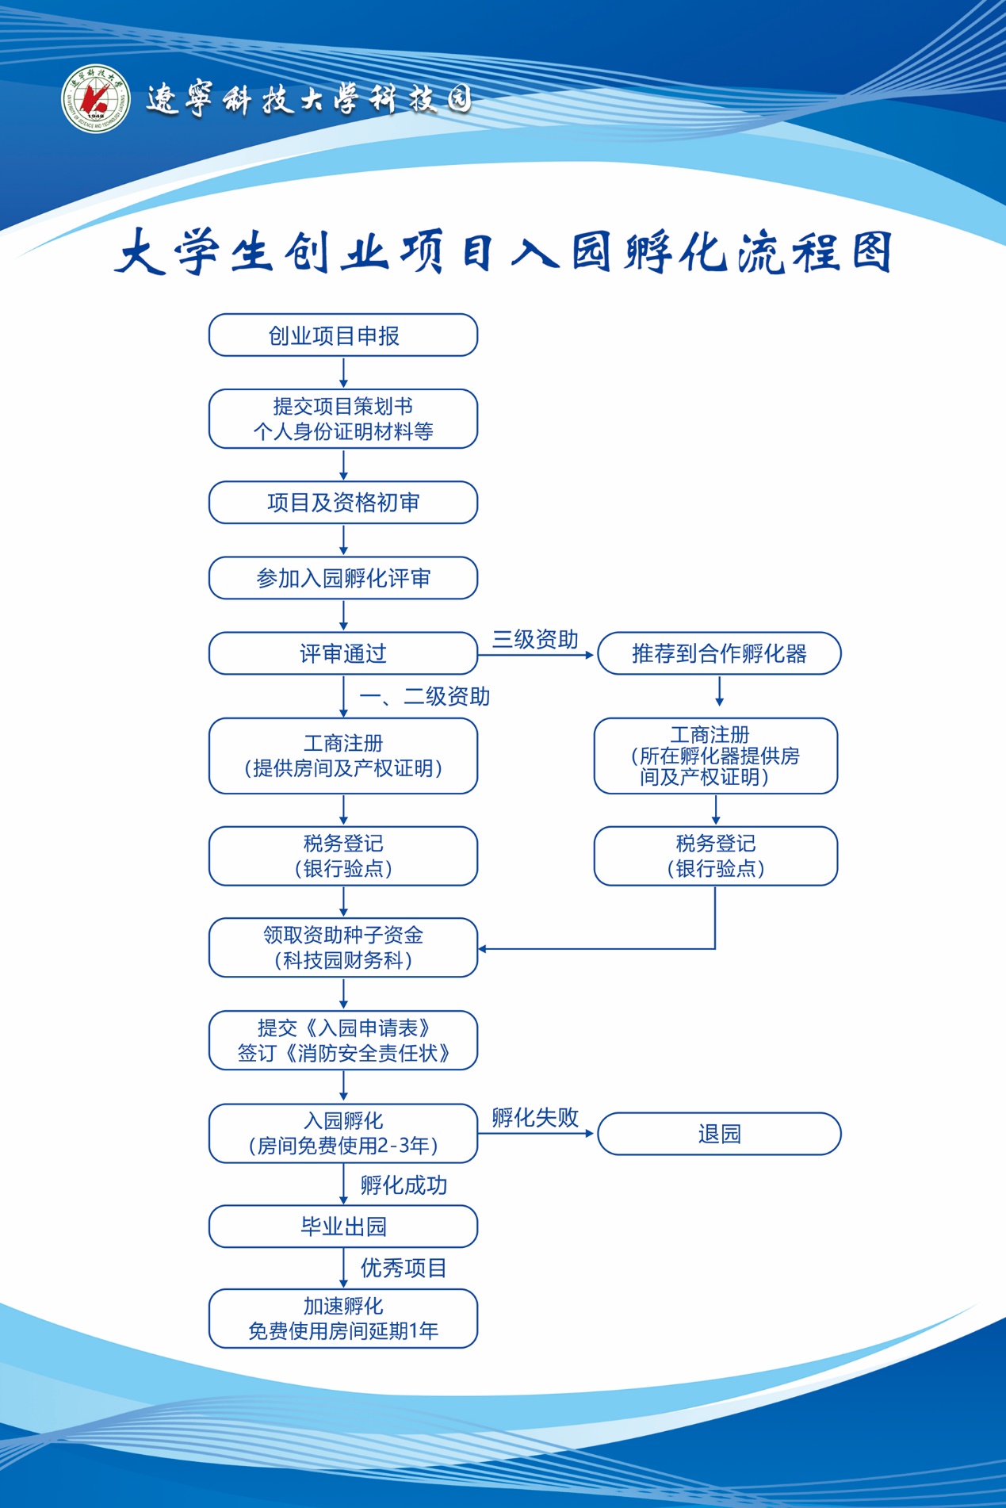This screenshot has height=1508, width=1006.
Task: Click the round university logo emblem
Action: coord(96,99)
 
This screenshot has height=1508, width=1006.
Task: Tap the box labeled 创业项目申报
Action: coord(342,335)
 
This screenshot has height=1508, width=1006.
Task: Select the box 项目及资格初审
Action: coord(342,503)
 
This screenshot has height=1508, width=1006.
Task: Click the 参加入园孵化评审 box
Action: coord(342,578)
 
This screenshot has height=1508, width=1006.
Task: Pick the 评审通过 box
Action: coord(342,653)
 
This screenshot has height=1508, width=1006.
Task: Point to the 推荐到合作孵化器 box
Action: coord(718,653)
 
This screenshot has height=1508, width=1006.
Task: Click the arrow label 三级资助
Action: coord(535,639)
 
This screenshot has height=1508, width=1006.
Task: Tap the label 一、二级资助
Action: coord(424,696)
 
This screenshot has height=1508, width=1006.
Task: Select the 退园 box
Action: coord(718,1134)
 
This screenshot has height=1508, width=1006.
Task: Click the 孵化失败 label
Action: coord(535,1118)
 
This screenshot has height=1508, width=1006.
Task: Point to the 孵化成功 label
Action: coord(404,1185)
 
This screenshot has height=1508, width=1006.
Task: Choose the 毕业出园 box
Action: coord(342,1227)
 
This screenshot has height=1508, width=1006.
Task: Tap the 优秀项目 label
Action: coord(404,1268)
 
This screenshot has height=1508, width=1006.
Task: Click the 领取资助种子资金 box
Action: coord(342,947)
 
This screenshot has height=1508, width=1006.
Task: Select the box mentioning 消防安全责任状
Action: coord(342,1040)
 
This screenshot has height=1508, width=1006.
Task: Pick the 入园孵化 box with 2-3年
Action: coord(342,1133)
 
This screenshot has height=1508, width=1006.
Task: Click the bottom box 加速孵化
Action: coord(342,1318)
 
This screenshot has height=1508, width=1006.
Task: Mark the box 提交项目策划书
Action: coord(342,419)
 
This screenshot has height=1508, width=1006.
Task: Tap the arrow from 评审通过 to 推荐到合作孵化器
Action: coord(537,656)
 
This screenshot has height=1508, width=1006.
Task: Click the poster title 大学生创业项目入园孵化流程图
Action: coord(503,252)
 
